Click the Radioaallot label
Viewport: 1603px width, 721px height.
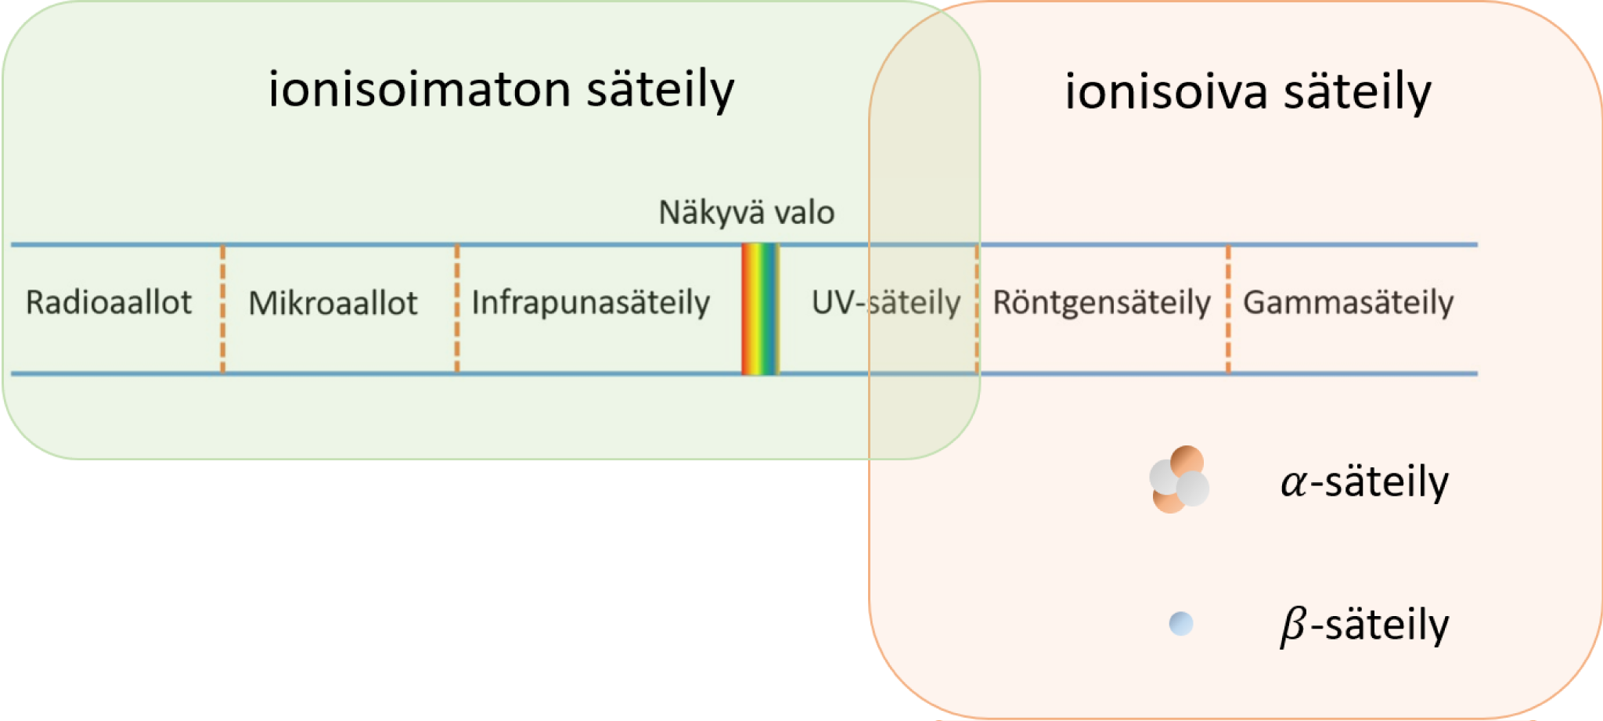pyautogui.click(x=108, y=302)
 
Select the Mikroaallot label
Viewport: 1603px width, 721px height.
pyautogui.click(x=333, y=303)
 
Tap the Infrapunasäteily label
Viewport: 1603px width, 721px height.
pyautogui.click(x=590, y=302)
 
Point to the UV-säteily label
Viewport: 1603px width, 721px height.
pyautogui.click(x=885, y=302)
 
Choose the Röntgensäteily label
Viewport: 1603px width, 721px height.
pyautogui.click(x=1101, y=302)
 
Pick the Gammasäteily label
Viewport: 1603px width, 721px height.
pyautogui.click(x=1348, y=302)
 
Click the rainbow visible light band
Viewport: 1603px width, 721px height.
pyautogui.click(x=760, y=309)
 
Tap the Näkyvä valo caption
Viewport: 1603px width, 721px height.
pyautogui.click(x=746, y=212)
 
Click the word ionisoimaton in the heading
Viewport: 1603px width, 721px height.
pyautogui.click(x=419, y=88)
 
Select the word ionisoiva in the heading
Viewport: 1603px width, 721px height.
pyautogui.click(x=1165, y=92)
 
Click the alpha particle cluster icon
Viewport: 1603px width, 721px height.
pyautogui.click(x=1179, y=479)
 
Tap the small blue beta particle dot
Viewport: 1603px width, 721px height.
pyautogui.click(x=1180, y=623)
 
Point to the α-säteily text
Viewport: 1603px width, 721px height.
pyautogui.click(x=1364, y=481)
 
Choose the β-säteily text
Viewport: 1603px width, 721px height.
pyautogui.click(x=1364, y=625)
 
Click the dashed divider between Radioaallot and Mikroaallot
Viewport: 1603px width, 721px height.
pyautogui.click(x=223, y=309)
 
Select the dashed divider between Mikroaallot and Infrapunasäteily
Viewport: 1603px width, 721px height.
pyautogui.click(x=457, y=309)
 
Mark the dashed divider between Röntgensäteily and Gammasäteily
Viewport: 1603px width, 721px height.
pyautogui.click(x=1228, y=309)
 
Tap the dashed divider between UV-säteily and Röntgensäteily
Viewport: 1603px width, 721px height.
pyautogui.click(x=977, y=309)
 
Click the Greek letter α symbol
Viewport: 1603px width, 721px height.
pyautogui.click(x=1294, y=482)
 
